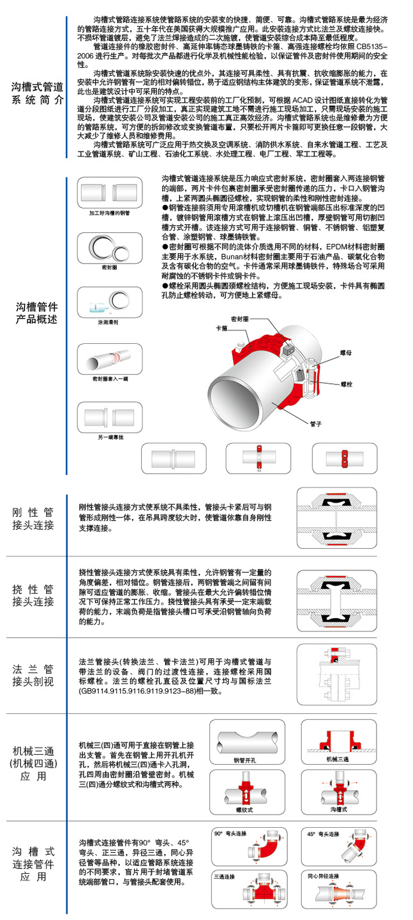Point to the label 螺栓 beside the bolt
point(347,383)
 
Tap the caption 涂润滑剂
point(108,322)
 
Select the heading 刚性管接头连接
point(34,519)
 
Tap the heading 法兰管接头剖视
point(34,676)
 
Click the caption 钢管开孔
point(244,761)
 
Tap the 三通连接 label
point(224,876)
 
